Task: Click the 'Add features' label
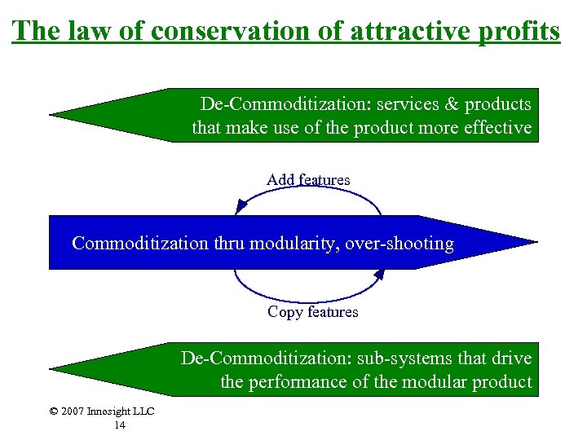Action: (308, 179)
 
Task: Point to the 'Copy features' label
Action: (312, 312)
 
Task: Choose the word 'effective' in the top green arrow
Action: (498, 128)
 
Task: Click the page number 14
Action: (120, 425)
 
